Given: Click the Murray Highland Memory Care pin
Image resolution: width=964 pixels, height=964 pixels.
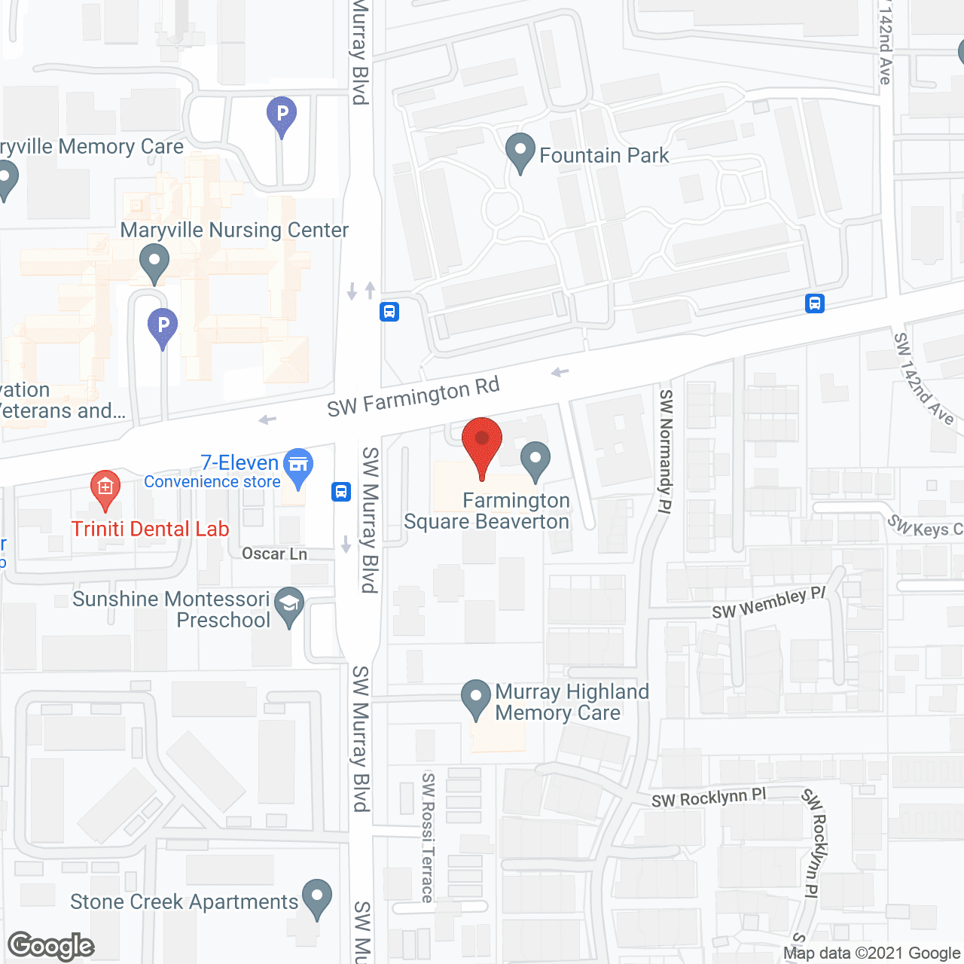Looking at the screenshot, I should tap(475, 697).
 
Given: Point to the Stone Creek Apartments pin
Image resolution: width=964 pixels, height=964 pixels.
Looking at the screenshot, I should tap(316, 897).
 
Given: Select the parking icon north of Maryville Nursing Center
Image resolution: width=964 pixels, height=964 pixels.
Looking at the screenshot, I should tap(282, 115).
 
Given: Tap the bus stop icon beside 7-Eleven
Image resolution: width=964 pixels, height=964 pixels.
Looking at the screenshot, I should tap(341, 492).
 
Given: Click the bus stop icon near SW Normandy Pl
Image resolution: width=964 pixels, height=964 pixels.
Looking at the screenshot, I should tap(814, 304).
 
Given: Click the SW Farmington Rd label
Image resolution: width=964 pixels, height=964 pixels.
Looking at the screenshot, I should tap(413, 396).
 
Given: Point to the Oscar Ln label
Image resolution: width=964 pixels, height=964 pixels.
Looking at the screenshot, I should tap(274, 554).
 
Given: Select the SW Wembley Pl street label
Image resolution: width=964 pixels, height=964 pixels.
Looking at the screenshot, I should tap(769, 603).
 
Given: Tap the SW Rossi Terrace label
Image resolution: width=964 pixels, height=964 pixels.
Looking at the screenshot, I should tap(428, 837).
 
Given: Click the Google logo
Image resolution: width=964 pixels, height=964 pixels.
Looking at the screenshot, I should tap(51, 946).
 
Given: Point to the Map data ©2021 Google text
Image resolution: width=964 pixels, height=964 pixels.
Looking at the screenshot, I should tap(871, 953).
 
